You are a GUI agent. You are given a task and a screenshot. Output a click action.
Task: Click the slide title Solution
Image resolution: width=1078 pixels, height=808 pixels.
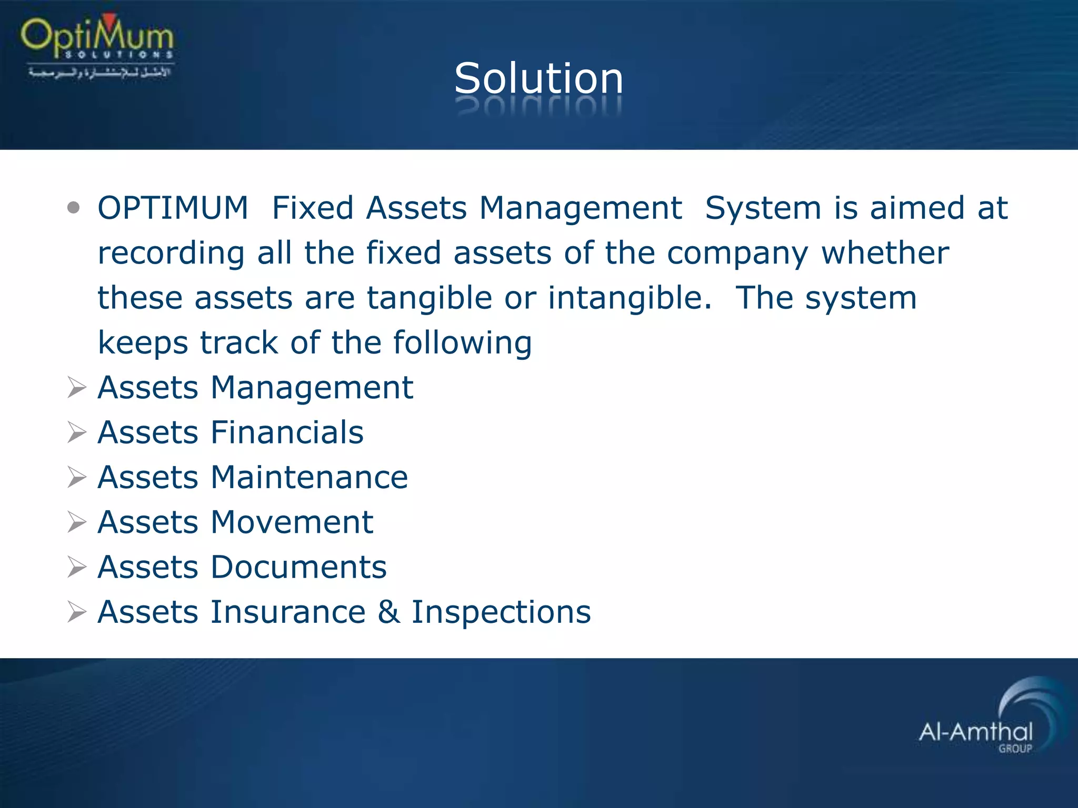click(538, 79)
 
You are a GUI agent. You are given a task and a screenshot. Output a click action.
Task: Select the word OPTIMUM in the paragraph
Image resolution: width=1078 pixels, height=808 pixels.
click(173, 208)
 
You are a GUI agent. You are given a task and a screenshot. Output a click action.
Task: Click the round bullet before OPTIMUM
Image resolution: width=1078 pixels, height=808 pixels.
click(74, 208)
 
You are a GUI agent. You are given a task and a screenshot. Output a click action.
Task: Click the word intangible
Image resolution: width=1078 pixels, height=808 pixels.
click(629, 298)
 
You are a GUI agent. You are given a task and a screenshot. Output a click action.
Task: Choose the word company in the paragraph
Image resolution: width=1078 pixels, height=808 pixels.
click(737, 254)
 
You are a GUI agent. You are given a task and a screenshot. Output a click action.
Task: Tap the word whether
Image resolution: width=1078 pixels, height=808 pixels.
click(885, 253)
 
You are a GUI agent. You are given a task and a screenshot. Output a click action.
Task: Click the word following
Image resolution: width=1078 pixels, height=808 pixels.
click(462, 343)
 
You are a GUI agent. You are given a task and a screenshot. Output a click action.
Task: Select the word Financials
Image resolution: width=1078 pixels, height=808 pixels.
click(287, 432)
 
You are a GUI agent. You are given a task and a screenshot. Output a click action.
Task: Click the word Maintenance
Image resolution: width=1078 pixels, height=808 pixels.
click(309, 478)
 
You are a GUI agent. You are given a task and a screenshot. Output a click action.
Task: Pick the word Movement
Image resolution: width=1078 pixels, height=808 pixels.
click(292, 522)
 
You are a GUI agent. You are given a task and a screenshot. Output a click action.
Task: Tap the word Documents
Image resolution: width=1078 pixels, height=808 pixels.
click(298, 567)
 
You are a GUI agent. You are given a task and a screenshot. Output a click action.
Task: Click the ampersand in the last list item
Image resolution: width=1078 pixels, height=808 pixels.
click(388, 612)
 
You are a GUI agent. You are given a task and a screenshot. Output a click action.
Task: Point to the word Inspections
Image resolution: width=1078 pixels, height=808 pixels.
click(501, 613)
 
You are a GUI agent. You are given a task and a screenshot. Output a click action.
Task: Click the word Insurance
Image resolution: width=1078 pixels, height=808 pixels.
click(288, 612)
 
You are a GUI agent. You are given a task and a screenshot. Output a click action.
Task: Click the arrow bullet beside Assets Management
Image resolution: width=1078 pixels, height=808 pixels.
click(77, 388)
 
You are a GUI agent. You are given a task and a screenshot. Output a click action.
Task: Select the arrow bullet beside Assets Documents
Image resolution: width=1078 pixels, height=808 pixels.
click(77, 568)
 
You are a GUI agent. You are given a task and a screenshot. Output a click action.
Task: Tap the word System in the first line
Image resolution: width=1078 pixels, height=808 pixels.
click(763, 208)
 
